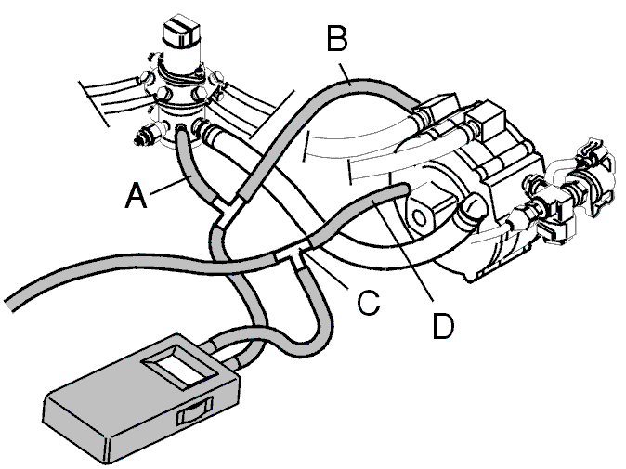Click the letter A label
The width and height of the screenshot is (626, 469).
click(x=136, y=195)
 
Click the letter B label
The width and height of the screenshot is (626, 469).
click(x=337, y=38)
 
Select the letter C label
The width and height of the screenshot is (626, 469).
click(x=368, y=303)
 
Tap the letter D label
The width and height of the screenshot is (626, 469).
click(x=443, y=326)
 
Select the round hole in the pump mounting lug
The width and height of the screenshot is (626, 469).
click(x=418, y=218)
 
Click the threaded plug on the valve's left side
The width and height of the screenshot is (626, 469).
click(x=146, y=137)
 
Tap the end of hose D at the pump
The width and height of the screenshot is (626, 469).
click(x=404, y=188)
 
